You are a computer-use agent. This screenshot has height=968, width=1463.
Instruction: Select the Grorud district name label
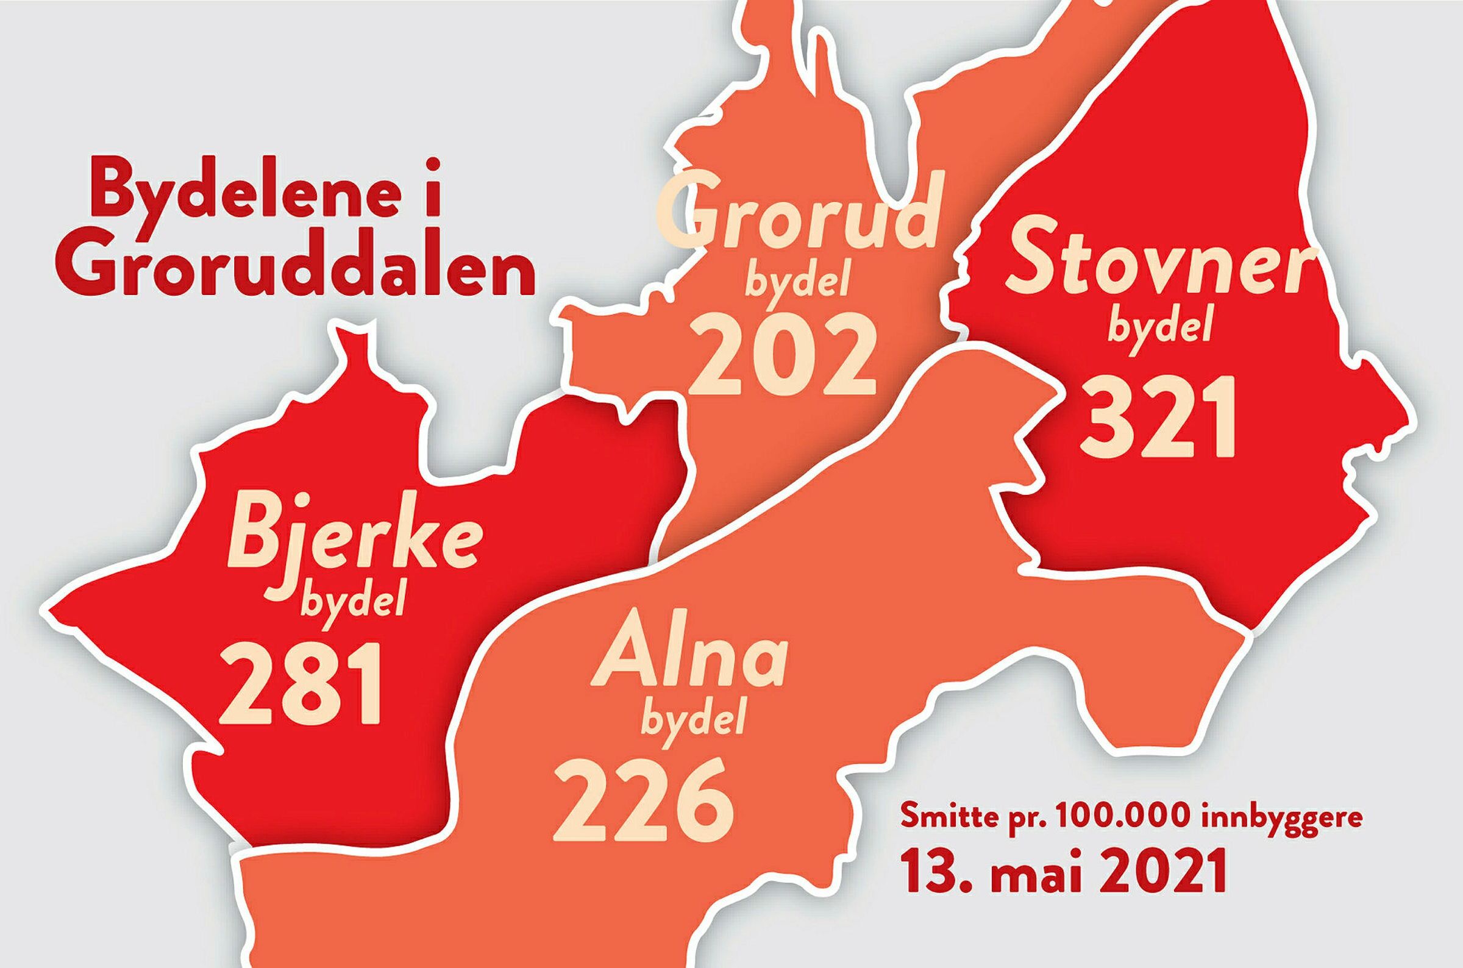pos(801,213)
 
